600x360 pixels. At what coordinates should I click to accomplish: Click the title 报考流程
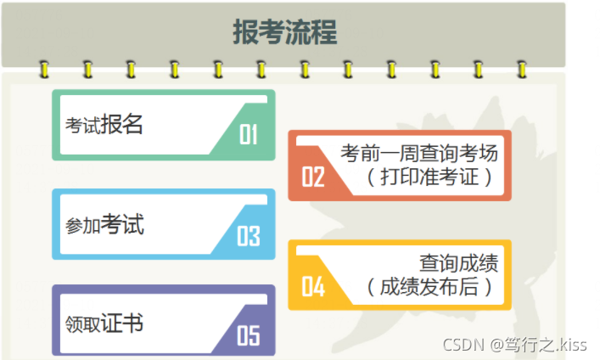coord(285,32)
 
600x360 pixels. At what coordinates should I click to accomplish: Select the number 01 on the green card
coord(248,135)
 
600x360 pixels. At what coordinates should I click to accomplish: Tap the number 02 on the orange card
coord(313,177)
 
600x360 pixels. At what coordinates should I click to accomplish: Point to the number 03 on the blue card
coord(248,235)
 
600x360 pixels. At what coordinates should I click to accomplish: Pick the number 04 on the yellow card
coord(313,287)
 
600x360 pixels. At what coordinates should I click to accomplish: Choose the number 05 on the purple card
coord(248,335)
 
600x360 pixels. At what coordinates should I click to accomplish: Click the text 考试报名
coord(104,125)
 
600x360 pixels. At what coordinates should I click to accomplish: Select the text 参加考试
coord(104,225)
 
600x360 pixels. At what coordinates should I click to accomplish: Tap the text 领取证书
coord(104,323)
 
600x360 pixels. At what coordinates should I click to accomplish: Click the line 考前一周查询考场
coord(419,154)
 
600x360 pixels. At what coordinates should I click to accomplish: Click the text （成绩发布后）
coord(430,286)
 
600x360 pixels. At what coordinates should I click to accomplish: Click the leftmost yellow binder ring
coord(43,68)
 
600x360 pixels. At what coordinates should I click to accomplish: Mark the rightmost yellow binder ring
coord(521,68)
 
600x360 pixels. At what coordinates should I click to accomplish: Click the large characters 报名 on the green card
coord(122,124)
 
